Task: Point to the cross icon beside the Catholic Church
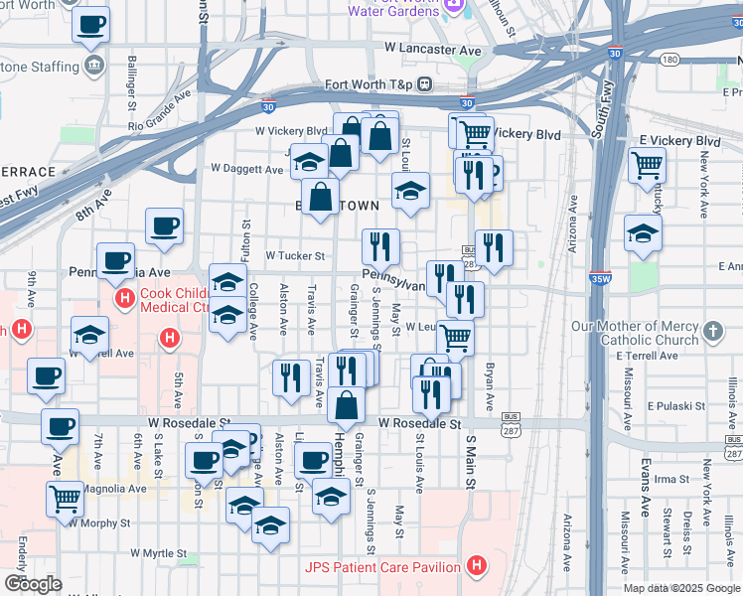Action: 712,329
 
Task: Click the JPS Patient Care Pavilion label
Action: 381,567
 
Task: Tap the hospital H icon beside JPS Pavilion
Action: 477,567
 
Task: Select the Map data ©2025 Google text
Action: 681,588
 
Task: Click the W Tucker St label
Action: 295,255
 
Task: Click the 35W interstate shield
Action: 600,280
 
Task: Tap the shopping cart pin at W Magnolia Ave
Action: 65,499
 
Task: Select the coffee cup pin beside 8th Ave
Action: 164,225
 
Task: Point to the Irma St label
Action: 671,478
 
